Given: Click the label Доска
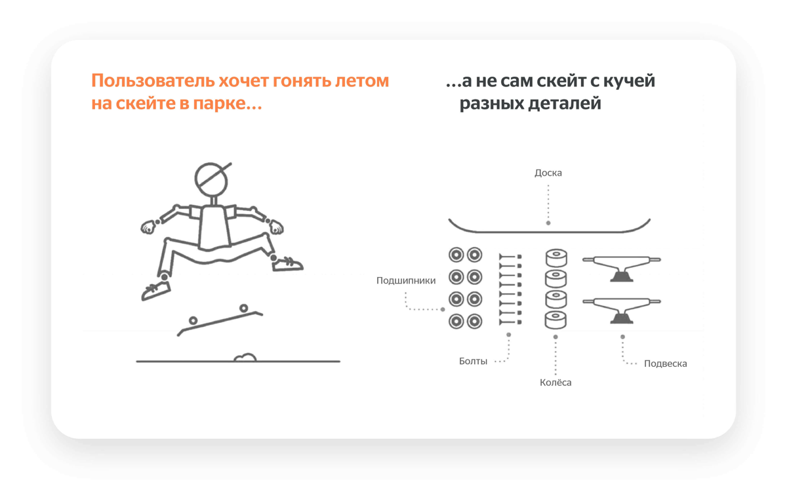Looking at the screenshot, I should (x=548, y=173).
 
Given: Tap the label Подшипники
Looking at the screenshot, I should (x=406, y=280).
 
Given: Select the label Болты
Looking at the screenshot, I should (x=473, y=361).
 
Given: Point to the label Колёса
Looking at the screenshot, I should (x=555, y=382).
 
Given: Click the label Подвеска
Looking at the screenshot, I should (x=665, y=363).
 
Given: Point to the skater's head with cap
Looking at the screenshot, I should (x=212, y=177).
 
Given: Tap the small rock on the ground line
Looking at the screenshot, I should (x=245, y=358).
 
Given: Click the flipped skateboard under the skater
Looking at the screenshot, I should (x=219, y=321).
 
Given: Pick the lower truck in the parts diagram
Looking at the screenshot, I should (x=621, y=308).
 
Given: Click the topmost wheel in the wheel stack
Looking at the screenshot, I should (x=556, y=257).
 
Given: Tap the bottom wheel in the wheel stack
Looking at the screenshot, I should (x=556, y=320).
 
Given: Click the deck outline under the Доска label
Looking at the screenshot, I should (x=549, y=231).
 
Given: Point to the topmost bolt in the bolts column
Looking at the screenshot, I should (x=510, y=257).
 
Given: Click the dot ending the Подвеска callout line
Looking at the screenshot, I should (x=622, y=337).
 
